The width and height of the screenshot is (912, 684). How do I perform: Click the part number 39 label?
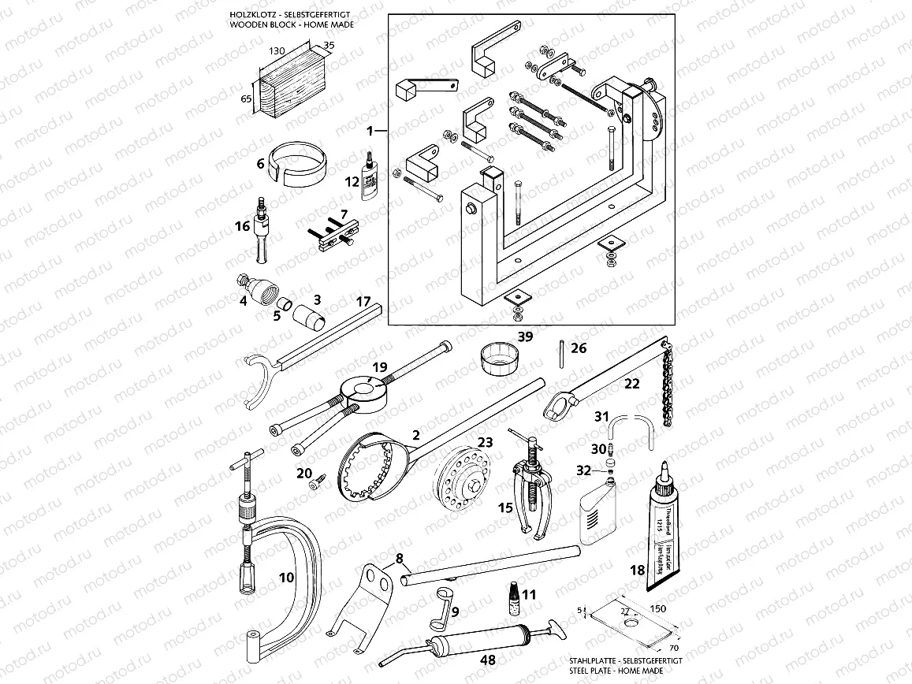pos(525,336)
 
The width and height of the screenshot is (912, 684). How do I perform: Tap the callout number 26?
pos(578,348)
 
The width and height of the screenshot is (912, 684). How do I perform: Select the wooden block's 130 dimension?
pos(276,50)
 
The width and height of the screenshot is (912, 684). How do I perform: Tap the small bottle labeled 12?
pos(368,177)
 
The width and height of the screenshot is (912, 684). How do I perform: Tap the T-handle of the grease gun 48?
pos(558,628)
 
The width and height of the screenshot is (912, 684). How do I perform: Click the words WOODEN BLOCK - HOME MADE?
pos(290,24)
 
